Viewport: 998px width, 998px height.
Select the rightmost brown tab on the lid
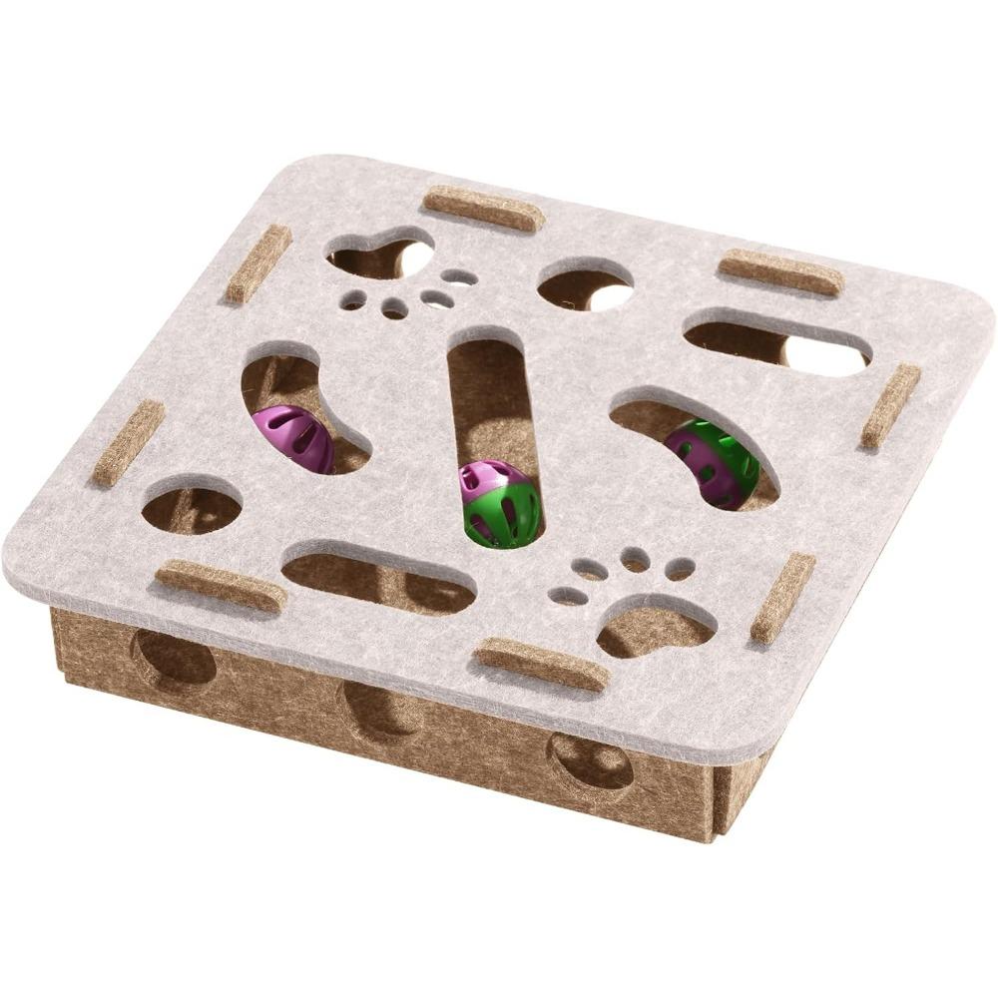pyautogui.click(x=890, y=405)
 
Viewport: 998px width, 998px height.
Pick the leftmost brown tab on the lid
pyautogui.click(x=129, y=443)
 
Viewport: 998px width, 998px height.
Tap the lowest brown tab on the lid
pyautogui.click(x=541, y=665)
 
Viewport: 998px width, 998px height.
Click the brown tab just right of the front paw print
pyautogui.click(x=782, y=598)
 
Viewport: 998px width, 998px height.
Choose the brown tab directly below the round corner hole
pyautogui.click(x=221, y=586)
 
